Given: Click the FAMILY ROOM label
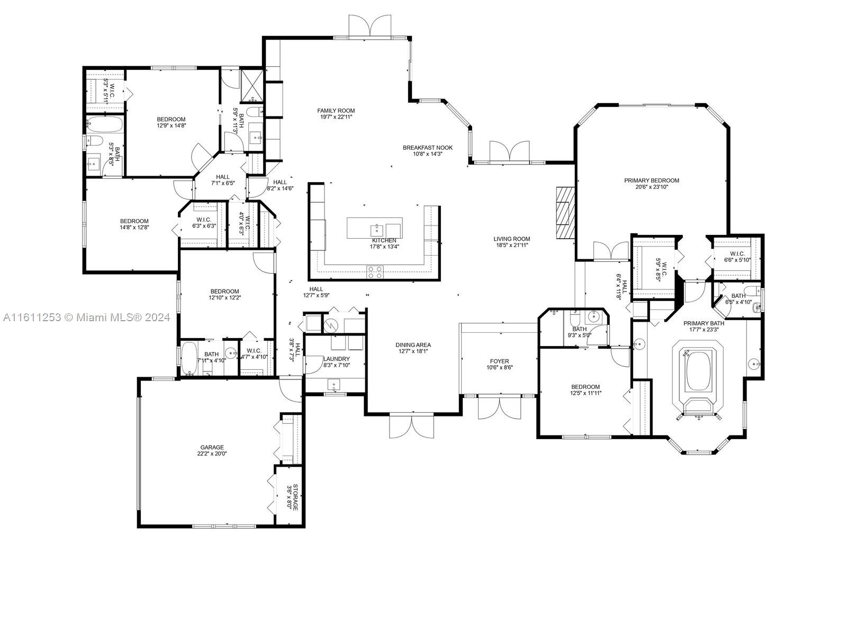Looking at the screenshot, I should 336,111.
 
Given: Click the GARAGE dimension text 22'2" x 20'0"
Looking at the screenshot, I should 212,453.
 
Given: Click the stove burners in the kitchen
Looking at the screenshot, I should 375,272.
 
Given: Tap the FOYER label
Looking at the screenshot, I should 499,361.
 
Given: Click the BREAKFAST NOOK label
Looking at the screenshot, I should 427,148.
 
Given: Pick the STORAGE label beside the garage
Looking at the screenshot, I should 295,497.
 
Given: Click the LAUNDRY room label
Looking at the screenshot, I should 336,359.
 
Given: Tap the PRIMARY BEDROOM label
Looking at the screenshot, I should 651,180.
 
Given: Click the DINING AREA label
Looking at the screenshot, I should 413,344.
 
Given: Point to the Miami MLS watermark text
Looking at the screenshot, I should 86,317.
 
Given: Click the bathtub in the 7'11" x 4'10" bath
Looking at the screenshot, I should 188,359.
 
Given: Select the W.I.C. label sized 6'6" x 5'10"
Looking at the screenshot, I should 737,257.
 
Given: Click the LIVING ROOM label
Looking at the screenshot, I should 512,239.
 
